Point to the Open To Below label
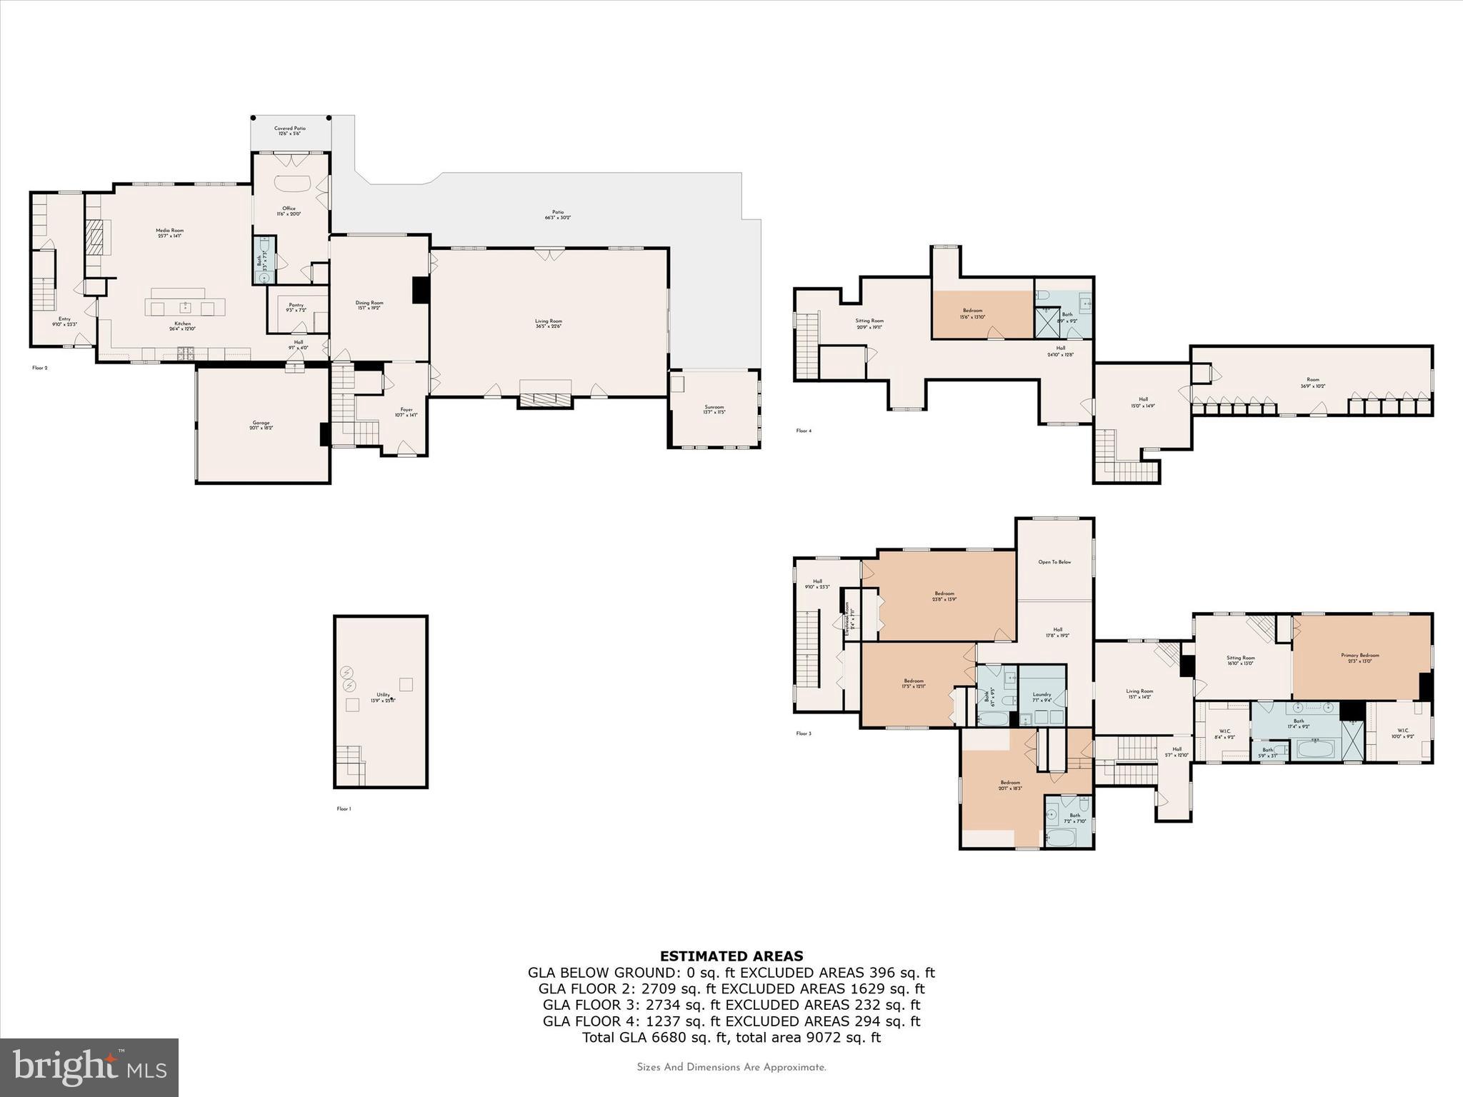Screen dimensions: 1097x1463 pos(1054,562)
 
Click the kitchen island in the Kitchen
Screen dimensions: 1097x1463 pos(185,307)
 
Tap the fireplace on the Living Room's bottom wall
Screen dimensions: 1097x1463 pos(545,400)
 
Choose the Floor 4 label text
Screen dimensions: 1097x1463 pos(804,431)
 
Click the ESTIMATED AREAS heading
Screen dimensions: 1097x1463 pos(731,956)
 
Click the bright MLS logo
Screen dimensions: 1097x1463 pos(89,1067)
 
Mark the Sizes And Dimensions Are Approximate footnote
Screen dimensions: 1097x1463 pos(731,1068)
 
